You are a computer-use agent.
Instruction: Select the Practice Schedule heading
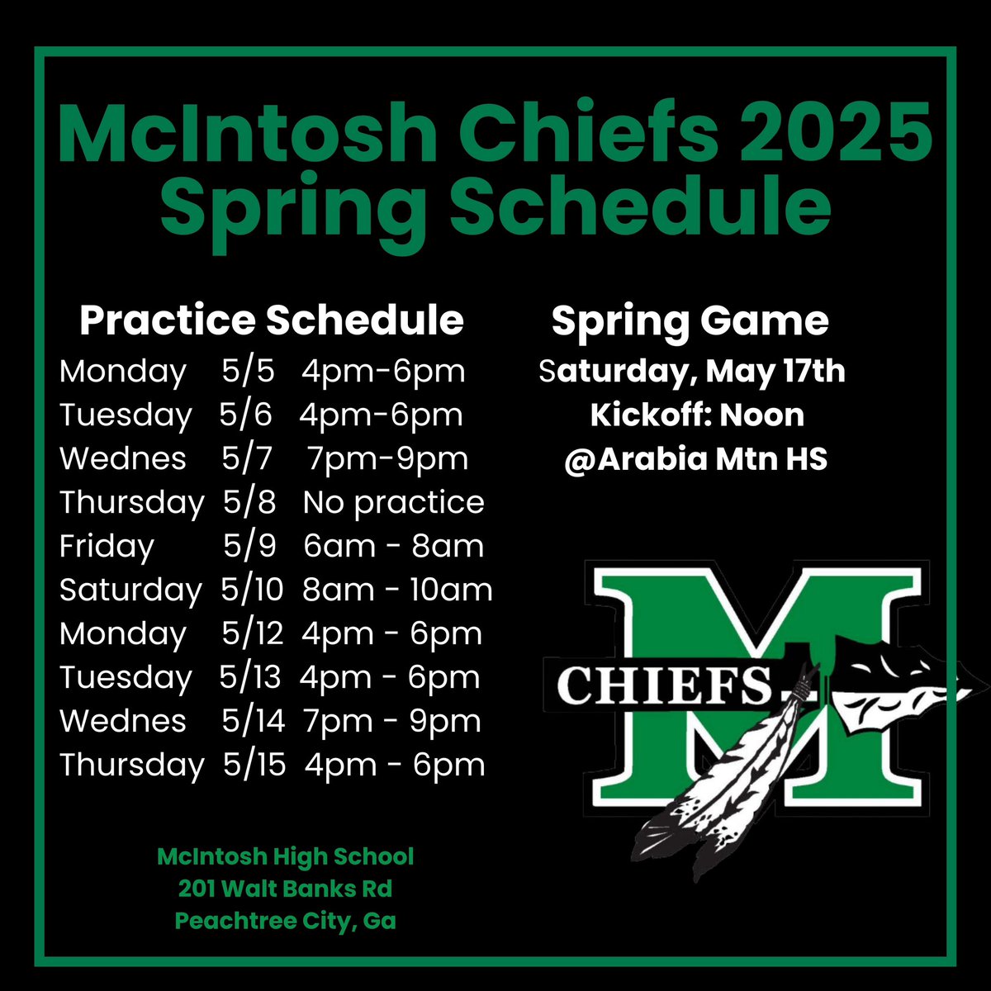tap(271, 320)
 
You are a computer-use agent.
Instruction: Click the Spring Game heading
tap(690, 320)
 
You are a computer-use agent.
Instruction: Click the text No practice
tap(393, 502)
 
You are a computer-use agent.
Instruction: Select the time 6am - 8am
tap(393, 546)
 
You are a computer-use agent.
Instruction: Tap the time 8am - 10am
tap(397, 590)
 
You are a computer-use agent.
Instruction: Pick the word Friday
tap(107, 546)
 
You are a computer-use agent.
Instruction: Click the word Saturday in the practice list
tap(130, 590)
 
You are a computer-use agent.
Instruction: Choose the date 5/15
tap(254, 765)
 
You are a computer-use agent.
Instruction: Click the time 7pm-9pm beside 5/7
tap(387, 458)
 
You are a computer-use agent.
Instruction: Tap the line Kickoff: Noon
tap(697, 415)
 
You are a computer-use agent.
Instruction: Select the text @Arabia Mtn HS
tap(695, 458)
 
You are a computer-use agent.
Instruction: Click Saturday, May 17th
tap(692, 371)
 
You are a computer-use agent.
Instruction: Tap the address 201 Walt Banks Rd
tap(285, 889)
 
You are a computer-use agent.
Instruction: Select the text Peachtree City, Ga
tap(285, 920)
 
